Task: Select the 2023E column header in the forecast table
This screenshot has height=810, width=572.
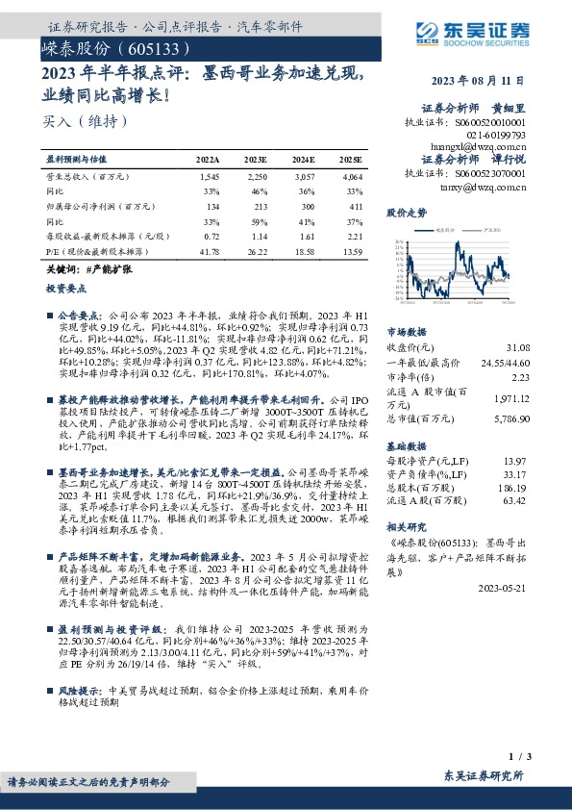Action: (255, 159)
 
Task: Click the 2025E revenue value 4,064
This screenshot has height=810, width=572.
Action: (352, 178)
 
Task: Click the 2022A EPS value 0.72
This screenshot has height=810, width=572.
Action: (211, 237)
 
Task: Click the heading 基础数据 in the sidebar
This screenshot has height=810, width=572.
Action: (404, 449)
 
